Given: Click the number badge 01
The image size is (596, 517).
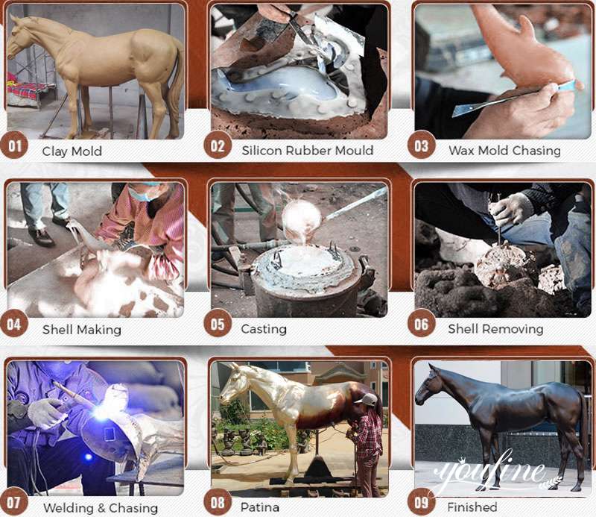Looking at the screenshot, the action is pyautogui.click(x=14, y=145).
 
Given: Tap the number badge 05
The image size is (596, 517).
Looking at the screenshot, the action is pyautogui.click(x=218, y=324).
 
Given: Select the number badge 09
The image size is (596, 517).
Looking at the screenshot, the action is pyautogui.click(x=421, y=502).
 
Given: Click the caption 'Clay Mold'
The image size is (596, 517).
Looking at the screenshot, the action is pyautogui.click(x=72, y=151).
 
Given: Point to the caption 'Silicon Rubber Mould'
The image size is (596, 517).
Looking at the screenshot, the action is pyautogui.click(x=308, y=151).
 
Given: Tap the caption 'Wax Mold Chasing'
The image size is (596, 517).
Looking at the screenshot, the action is pyautogui.click(x=504, y=151).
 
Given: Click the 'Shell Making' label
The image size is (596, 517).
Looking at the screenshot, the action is pyautogui.click(x=82, y=329).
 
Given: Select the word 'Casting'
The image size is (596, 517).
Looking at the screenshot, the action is pyautogui.click(x=264, y=329).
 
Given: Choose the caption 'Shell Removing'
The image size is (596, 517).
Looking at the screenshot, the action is pyautogui.click(x=495, y=329).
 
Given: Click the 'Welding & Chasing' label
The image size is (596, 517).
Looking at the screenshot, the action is pyautogui.click(x=101, y=508).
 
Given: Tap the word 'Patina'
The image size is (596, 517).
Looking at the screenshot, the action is pyautogui.click(x=260, y=507).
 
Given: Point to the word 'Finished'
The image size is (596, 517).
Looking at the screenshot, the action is pyautogui.click(x=472, y=507).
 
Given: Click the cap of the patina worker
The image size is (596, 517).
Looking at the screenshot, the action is pyautogui.click(x=366, y=399).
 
